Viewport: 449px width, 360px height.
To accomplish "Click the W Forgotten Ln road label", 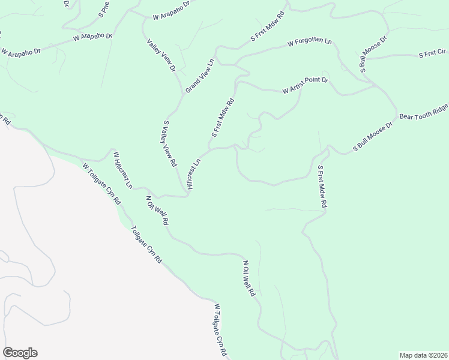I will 309,43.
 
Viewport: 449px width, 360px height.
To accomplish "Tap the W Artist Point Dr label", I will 306,85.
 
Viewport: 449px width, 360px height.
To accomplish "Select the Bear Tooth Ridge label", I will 424,108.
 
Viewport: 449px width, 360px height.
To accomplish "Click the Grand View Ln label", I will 200,75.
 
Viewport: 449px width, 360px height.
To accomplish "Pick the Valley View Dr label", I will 161,55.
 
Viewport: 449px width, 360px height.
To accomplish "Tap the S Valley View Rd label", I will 169,143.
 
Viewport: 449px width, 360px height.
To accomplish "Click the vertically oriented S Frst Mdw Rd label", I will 322,187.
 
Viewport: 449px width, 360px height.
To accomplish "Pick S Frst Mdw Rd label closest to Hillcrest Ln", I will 221,118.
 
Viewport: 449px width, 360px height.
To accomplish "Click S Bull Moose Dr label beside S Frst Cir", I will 373,55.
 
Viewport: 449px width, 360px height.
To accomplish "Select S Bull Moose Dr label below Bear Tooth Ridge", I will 372,136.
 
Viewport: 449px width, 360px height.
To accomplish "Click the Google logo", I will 20,353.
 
